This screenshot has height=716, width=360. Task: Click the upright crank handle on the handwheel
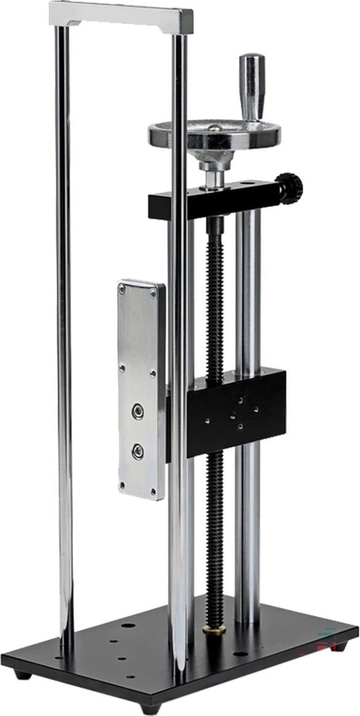pyautogui.click(x=251, y=86)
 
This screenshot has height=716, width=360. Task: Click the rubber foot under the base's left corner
pyautogui.click(x=23, y=674)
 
